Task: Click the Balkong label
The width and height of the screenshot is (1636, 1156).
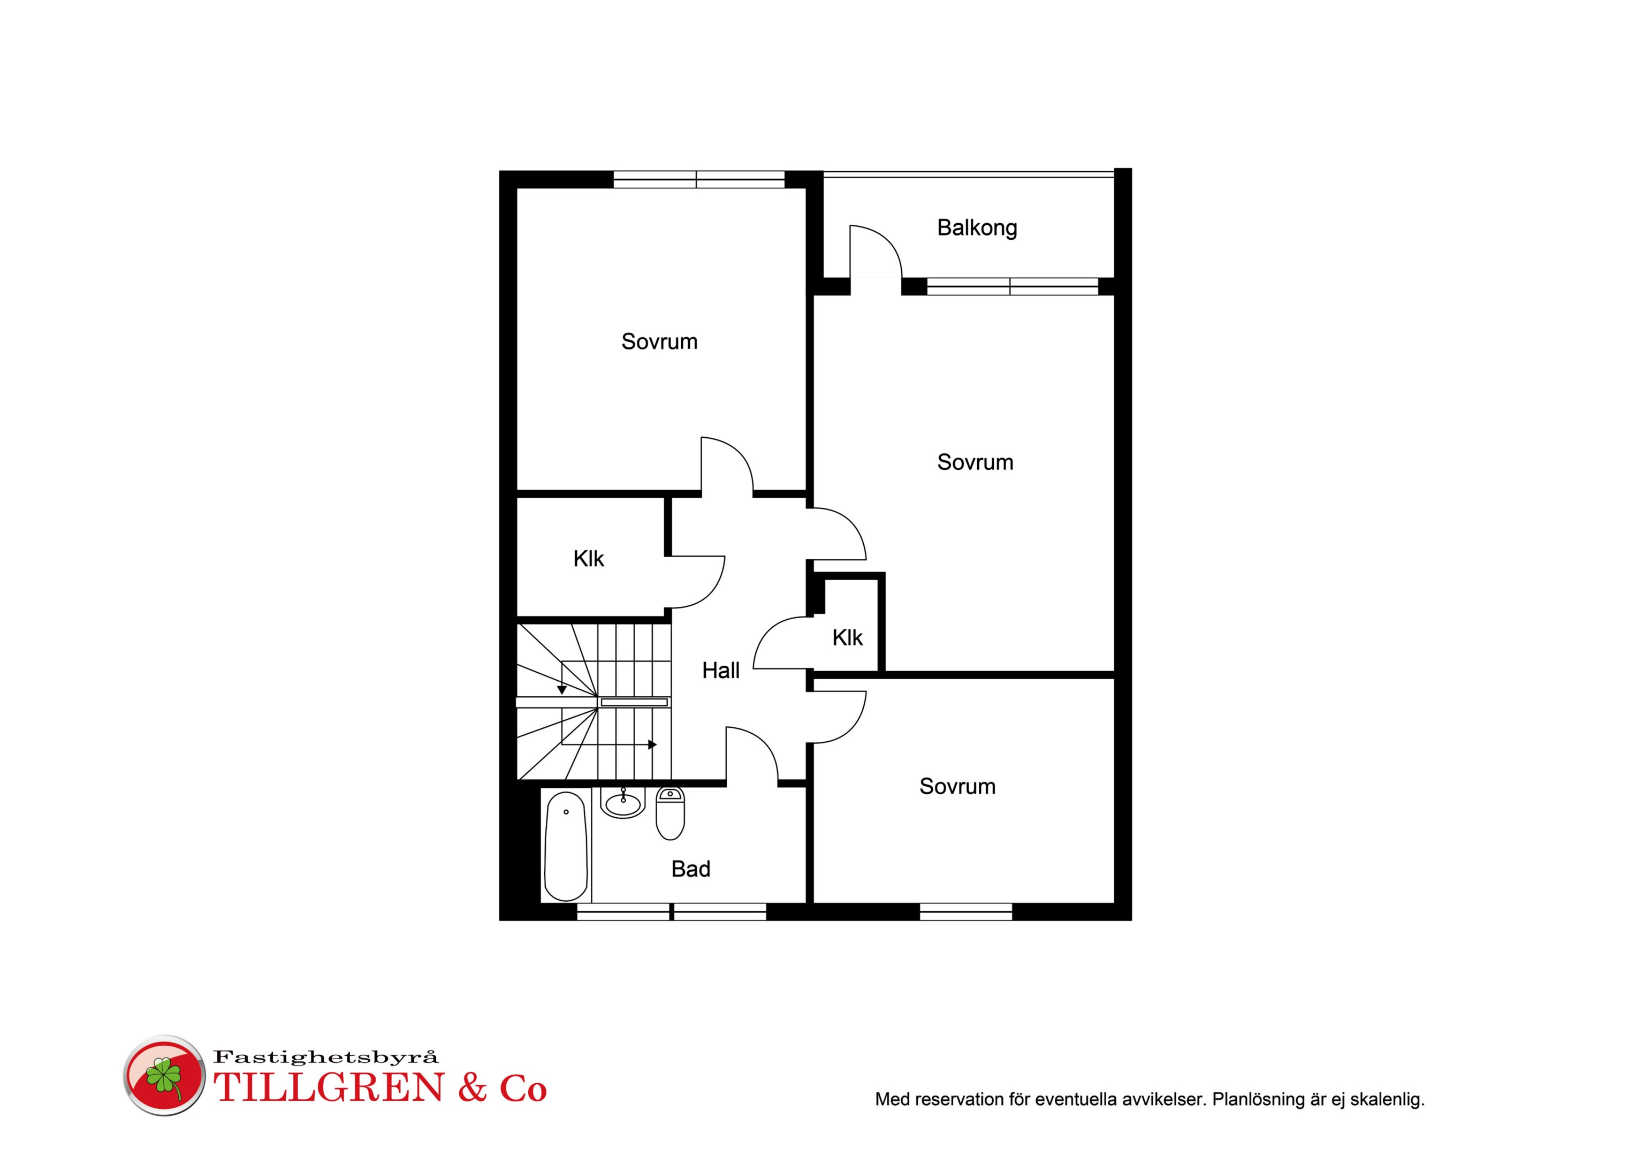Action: coord(977,228)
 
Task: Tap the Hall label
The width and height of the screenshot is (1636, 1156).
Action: coord(720,671)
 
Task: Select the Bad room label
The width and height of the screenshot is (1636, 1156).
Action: coord(690,869)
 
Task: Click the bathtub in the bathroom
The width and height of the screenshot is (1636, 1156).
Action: coord(566,846)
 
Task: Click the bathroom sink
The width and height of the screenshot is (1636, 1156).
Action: coord(623,802)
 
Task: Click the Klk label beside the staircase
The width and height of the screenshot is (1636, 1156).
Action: coord(589,559)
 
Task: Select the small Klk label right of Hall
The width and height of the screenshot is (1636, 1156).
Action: coord(847,638)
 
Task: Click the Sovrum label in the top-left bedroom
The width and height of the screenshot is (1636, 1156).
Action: coord(659,341)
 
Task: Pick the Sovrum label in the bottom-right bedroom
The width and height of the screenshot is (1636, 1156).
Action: coord(957,786)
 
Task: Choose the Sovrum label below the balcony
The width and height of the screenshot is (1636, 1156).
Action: coord(975,462)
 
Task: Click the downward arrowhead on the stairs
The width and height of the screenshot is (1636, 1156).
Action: coord(561,690)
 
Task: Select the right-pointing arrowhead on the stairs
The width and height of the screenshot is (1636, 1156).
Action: coord(652,745)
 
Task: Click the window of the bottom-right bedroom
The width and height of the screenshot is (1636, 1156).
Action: coord(965,911)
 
